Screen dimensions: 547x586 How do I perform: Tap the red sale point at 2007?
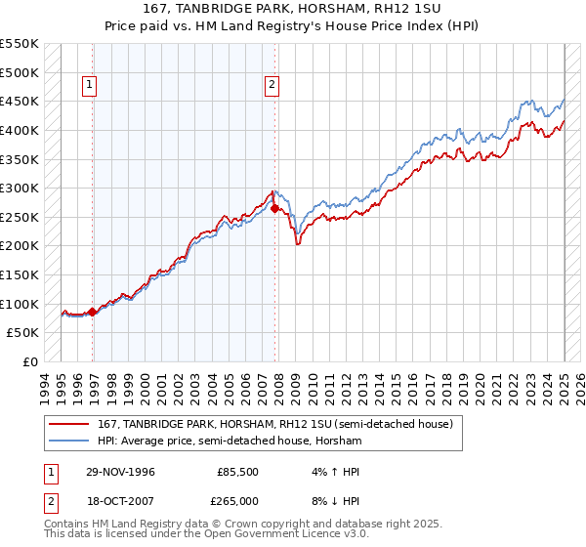(x=275, y=208)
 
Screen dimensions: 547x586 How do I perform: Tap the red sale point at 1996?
(x=93, y=313)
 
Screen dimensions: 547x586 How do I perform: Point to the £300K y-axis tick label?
(x=20, y=188)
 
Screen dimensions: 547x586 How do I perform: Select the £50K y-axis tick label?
(x=23, y=333)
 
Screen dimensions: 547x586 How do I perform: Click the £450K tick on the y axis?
(x=20, y=101)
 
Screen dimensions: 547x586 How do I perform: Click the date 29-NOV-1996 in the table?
(x=120, y=472)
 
